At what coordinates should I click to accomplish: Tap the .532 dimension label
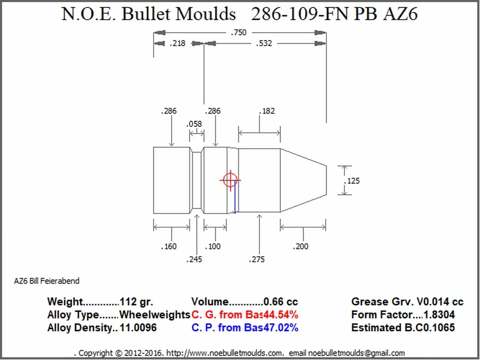coord(264,43)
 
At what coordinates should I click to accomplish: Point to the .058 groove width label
coord(194,124)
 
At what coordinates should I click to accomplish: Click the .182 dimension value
coord(267,111)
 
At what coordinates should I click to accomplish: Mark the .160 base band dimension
coord(168,246)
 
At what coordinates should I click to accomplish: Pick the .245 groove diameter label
coord(194,259)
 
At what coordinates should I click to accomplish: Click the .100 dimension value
coord(213,246)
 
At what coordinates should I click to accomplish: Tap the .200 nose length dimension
coord(301,246)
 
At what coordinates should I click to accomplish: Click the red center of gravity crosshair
coord(230,180)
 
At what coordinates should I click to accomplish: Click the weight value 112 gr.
coord(137,302)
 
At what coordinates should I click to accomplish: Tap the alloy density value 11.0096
coord(138,328)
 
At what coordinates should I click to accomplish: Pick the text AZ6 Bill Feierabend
coord(46,281)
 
